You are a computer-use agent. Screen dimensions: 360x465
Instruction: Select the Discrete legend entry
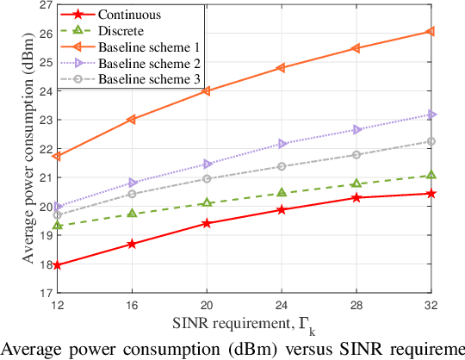[121, 31]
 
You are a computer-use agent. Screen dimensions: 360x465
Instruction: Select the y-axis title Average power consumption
[28, 148]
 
